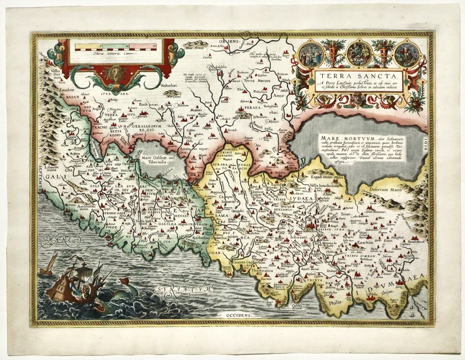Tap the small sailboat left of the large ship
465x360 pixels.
[x=48, y=265]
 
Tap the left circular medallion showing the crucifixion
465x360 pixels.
[x=311, y=54]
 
